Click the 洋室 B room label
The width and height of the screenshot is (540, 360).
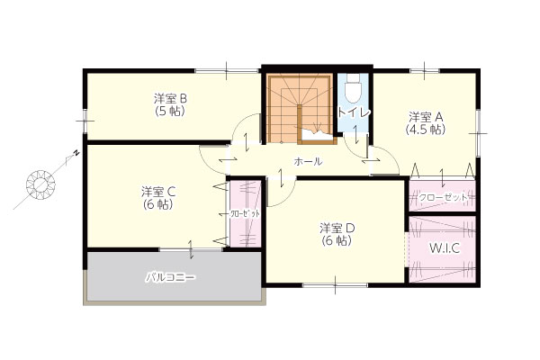(170, 99)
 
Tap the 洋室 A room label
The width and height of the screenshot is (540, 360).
(426, 117)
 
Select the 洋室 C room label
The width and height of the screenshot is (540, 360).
(158, 192)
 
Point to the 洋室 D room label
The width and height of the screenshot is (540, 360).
(337, 228)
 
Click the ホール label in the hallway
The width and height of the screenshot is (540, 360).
(308, 161)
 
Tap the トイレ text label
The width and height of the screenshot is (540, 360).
(354, 113)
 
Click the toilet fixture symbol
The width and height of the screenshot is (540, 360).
(353, 88)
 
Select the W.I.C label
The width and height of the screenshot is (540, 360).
(445, 247)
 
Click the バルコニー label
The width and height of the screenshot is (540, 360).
(171, 276)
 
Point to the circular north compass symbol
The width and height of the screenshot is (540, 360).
(40, 184)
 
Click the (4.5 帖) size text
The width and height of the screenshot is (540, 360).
(426, 130)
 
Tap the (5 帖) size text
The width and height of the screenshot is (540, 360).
(170, 112)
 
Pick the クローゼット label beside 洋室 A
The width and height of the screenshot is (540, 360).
(443, 198)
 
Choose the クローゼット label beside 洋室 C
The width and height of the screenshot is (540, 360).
(244, 214)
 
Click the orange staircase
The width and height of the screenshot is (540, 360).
(300, 109)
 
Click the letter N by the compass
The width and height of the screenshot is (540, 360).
(77, 153)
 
